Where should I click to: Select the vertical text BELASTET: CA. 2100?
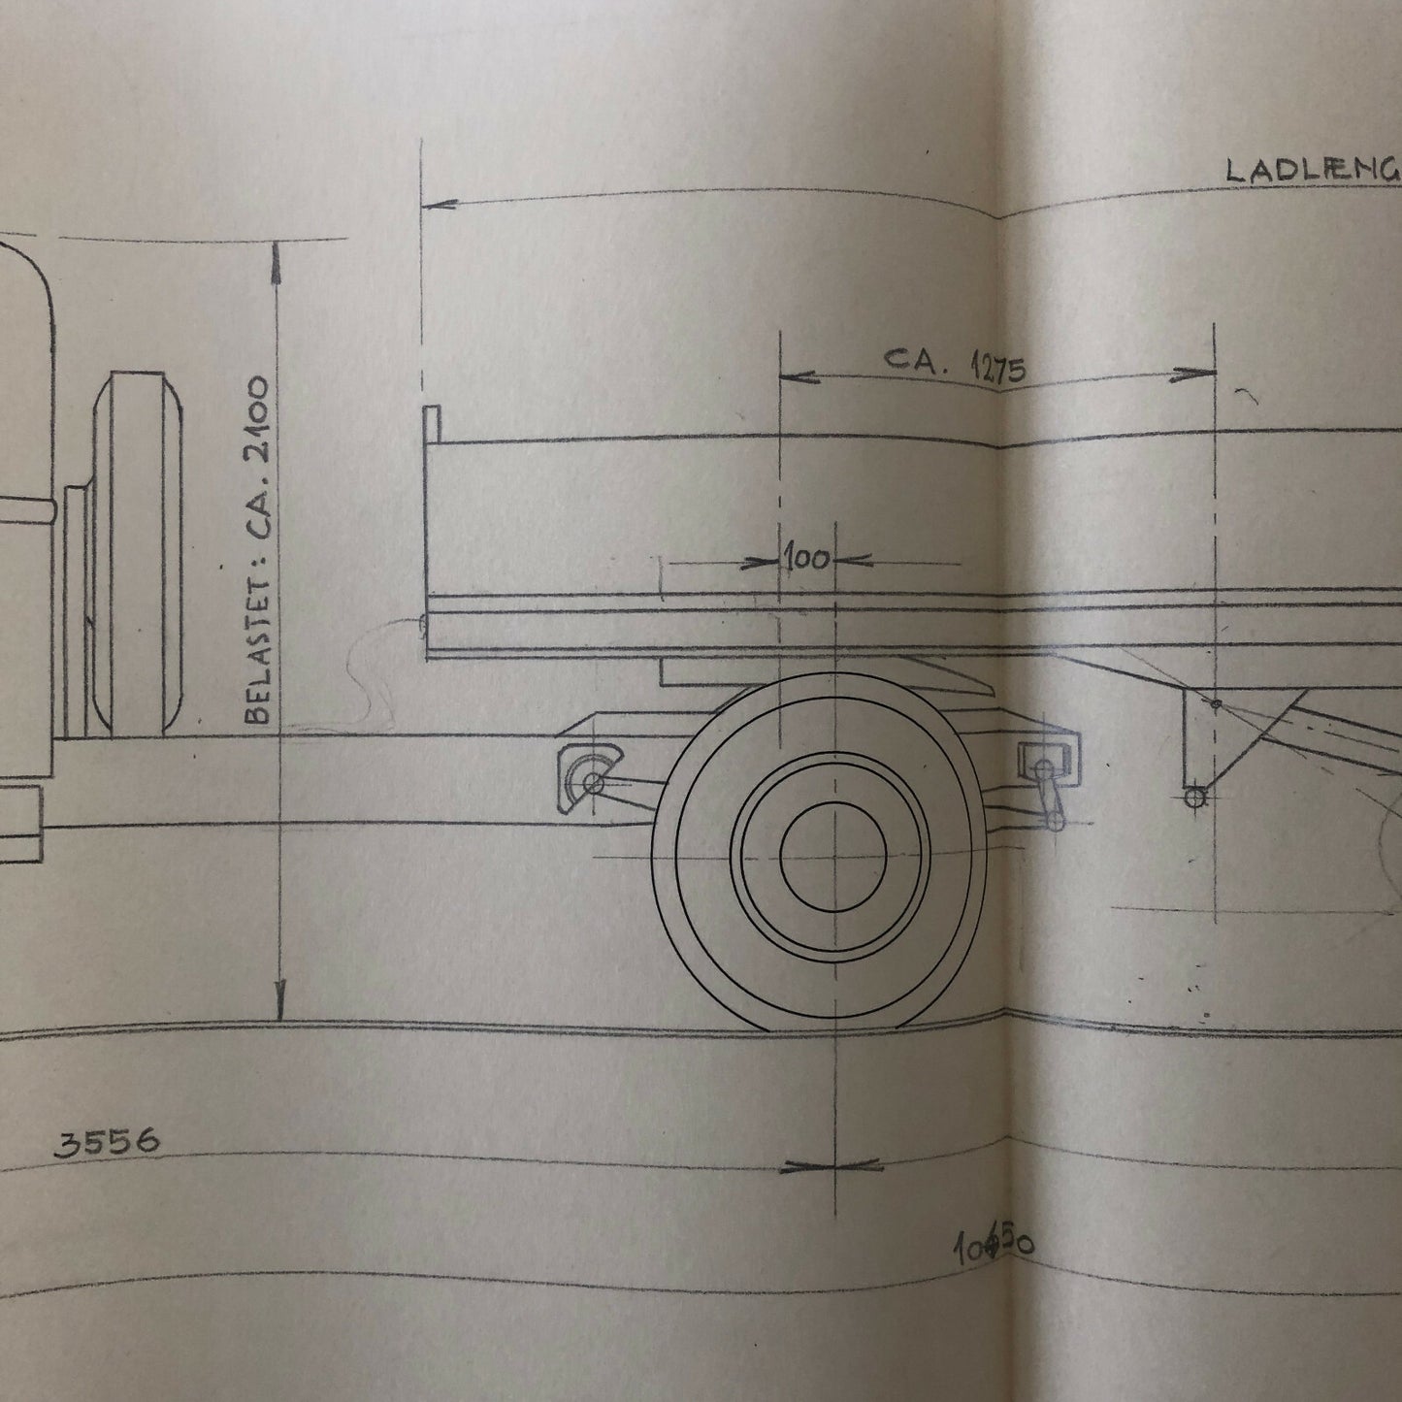258,550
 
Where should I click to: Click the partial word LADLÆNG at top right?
1310,170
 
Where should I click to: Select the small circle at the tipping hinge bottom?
1195,798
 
